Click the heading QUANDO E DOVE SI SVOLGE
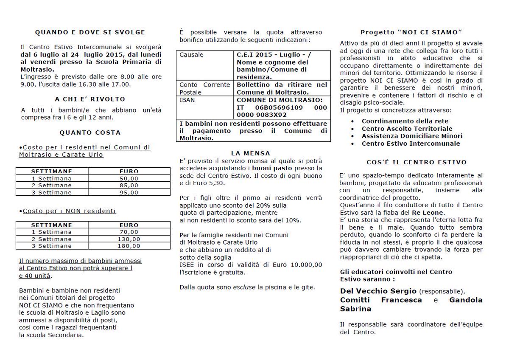[90, 32]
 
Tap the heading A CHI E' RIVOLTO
[90, 99]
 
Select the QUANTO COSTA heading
[90, 132]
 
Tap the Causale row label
[191, 55]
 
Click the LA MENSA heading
[250, 153]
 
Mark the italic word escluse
[244, 287]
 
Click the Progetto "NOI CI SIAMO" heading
[411, 32]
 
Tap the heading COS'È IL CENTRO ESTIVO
[411, 162]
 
